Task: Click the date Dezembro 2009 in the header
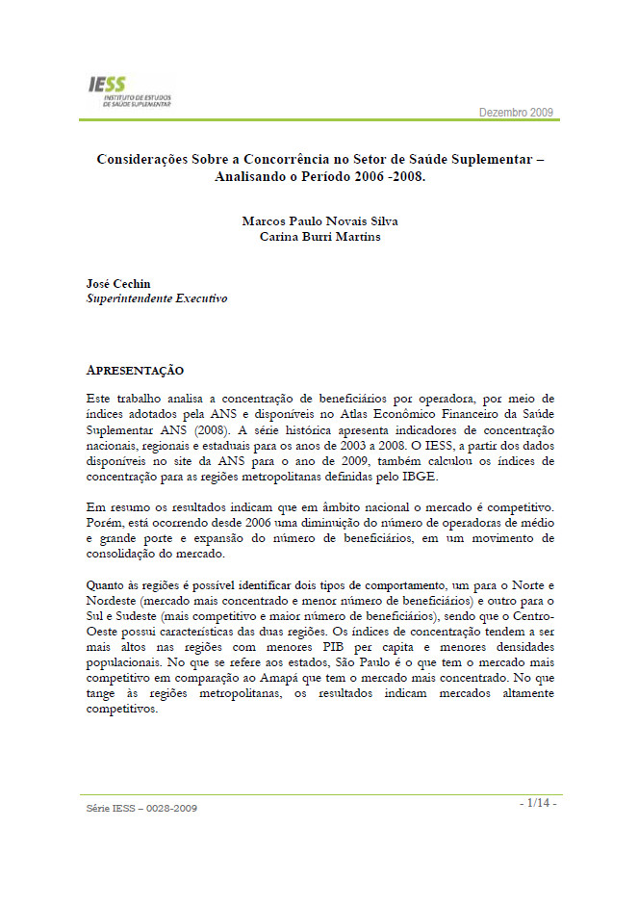point(516,114)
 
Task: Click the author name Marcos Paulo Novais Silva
point(319,220)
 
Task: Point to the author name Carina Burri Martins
point(319,236)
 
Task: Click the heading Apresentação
point(135,371)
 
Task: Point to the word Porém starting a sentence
point(103,522)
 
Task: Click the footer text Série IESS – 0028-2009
point(141,808)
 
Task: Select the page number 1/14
point(537,802)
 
